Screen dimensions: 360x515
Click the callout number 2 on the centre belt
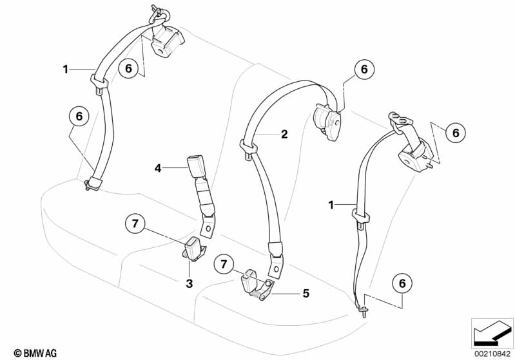pos(283,135)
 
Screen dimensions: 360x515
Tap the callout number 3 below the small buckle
pos(189,283)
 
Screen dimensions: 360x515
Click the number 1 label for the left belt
pos(65,68)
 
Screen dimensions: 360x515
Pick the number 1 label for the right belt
pos(331,205)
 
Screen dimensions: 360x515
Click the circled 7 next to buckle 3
pos(135,224)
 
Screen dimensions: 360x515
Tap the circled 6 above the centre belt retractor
pos(364,70)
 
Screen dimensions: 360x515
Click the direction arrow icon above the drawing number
pos(491,332)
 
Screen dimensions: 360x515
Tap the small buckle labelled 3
pos(193,247)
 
